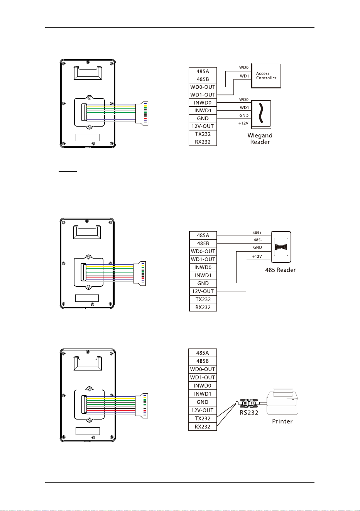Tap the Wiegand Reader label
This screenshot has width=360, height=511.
tap(260, 139)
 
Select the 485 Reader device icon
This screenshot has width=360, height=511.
tap(281, 247)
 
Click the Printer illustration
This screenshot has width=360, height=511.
tap(282, 401)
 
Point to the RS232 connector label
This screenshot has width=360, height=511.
tap(249, 413)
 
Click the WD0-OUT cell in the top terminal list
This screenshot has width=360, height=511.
tap(203, 87)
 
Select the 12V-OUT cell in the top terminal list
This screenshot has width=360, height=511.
tap(203, 126)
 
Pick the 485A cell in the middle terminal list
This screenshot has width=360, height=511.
tap(203, 235)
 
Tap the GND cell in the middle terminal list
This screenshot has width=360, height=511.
tap(203, 283)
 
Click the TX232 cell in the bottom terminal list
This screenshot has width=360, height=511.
tap(203, 418)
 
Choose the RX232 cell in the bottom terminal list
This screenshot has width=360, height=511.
tap(203, 426)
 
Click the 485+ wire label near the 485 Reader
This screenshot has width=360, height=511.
tap(257, 233)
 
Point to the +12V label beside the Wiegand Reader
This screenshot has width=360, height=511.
tap(243, 123)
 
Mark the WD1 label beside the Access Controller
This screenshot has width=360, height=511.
tap(244, 76)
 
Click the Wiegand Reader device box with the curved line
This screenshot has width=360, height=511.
tap(261, 114)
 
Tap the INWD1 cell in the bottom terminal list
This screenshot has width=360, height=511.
tap(203, 394)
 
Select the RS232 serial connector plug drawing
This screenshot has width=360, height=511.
tap(248, 403)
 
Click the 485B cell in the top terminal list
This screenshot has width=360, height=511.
tap(203, 79)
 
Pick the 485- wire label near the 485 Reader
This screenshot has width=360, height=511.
tap(258, 240)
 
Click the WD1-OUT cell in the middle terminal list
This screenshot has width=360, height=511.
tap(203, 259)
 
